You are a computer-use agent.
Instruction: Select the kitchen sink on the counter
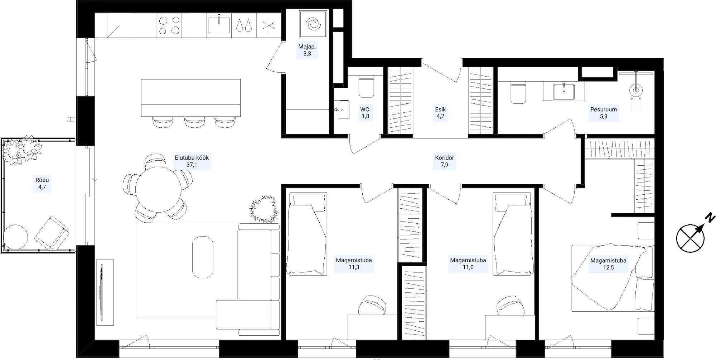coord(219,25)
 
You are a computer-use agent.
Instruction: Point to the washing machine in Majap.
coord(313,24)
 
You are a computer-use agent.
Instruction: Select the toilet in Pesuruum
coord(518,93)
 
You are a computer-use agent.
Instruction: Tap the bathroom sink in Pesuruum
coord(564,91)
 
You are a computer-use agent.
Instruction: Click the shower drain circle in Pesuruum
coord(635,89)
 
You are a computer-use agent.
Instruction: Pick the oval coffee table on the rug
coord(203,257)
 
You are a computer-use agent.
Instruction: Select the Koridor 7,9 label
coord(444,161)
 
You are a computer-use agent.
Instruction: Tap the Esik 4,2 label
coord(440,113)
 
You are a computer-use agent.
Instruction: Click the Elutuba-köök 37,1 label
coord(192,161)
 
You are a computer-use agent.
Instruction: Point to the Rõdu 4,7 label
coord(42,183)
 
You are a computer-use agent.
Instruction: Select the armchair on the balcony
coord(52,233)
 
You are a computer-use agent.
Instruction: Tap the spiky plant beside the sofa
coord(264,209)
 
